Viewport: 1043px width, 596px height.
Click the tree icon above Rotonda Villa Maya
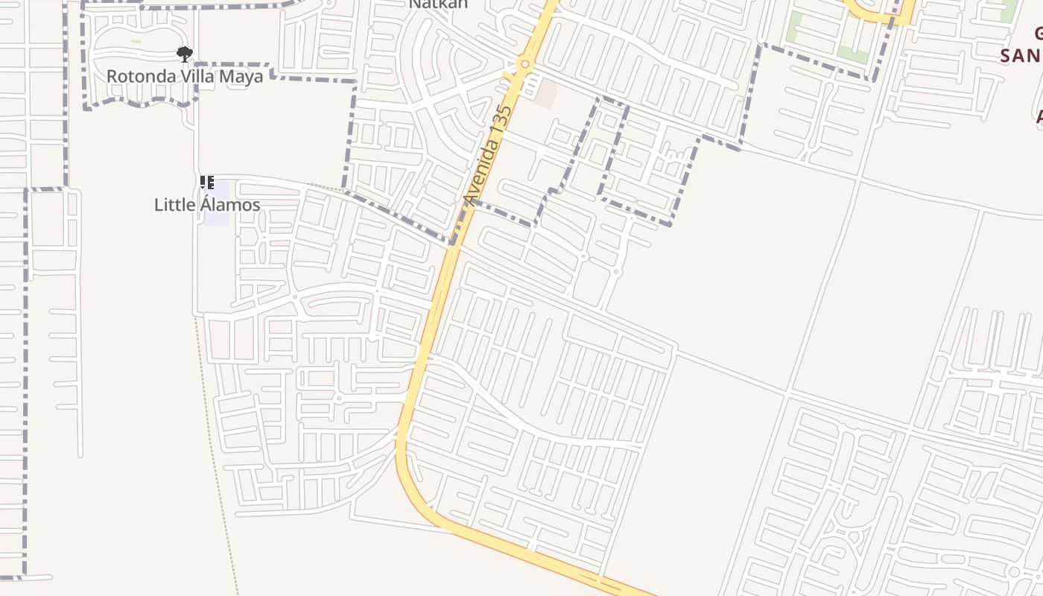(x=184, y=53)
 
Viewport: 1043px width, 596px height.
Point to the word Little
(x=176, y=205)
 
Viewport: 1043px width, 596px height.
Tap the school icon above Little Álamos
(x=207, y=182)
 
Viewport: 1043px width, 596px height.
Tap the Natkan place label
(x=438, y=4)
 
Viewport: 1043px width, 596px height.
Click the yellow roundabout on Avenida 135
(x=525, y=65)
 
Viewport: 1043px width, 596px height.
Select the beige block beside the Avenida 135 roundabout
(x=546, y=92)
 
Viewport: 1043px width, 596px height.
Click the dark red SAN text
(x=1021, y=56)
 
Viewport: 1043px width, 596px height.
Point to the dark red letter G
(x=1038, y=33)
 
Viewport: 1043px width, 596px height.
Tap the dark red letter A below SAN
(x=1038, y=116)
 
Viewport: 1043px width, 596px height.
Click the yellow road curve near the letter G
(x=879, y=16)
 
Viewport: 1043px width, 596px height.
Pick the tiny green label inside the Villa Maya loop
(x=136, y=41)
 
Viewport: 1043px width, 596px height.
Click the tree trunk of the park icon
(x=184, y=58)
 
